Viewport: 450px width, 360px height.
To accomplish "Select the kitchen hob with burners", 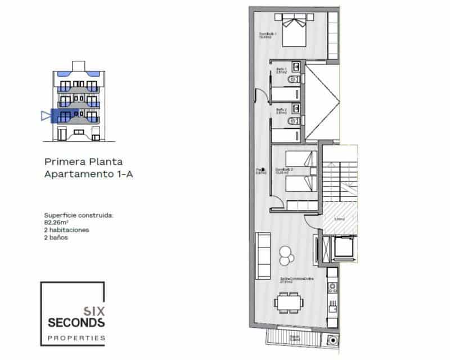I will tap(332, 287).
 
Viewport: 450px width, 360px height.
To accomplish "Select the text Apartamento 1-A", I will tap(88, 174).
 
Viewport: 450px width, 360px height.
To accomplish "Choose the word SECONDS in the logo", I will tap(76, 322).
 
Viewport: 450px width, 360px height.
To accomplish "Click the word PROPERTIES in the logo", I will tap(76, 337).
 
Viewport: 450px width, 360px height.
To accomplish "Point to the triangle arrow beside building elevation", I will tap(45, 116).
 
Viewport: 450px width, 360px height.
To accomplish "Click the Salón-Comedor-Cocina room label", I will tap(296, 280).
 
